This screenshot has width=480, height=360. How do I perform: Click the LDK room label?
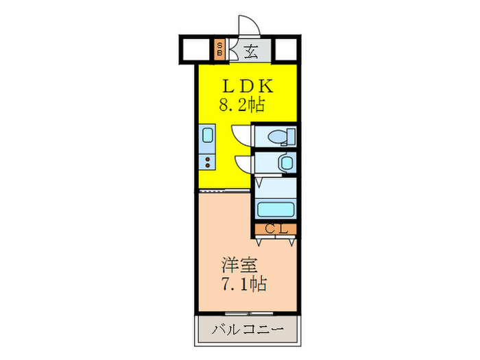pos(247,87)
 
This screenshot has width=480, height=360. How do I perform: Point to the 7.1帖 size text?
pos(243,283)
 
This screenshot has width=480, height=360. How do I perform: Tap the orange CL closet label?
pos(276,229)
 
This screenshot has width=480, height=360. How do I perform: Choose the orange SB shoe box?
pos(219,49)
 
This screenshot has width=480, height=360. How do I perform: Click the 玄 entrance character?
pos(251,49)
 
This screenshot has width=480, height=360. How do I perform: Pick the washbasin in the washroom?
pos(285,163)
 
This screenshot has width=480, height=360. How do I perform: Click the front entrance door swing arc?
pos(248,26)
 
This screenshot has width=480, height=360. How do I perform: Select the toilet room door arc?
pos(241,134)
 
